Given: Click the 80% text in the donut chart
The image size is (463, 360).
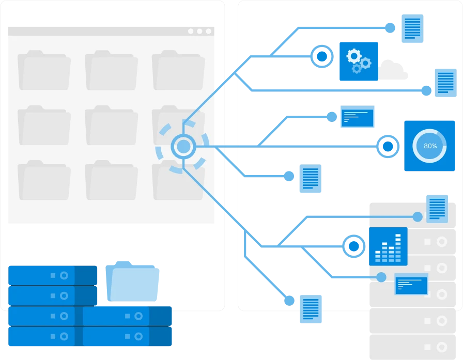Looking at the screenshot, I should [430, 146].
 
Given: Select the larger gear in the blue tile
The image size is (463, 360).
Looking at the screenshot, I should [354, 55].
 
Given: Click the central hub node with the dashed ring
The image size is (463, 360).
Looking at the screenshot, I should [183, 147].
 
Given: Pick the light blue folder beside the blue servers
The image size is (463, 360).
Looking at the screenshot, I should [133, 283].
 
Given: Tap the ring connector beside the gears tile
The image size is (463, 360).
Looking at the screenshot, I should [321, 56].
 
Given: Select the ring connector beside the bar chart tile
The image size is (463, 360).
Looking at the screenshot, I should [353, 246].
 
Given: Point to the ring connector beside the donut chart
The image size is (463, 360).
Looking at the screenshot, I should [387, 147].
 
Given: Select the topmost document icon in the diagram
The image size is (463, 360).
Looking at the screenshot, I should [413, 28].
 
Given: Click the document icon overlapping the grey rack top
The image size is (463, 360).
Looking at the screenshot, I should [437, 208].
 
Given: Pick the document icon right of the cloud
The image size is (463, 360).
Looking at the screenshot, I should [445, 82].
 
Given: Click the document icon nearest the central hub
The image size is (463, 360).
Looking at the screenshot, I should [310, 177].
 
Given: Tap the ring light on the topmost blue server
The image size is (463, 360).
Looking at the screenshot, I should [64, 275].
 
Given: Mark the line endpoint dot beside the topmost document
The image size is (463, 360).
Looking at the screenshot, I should [391, 27].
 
